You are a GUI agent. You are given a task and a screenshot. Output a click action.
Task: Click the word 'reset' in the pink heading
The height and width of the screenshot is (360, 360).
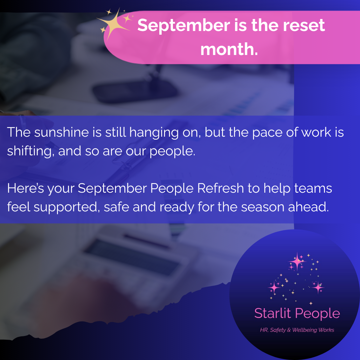pos(304,25)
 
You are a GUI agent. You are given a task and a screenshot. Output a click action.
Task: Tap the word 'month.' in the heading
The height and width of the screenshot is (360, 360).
pos(229,49)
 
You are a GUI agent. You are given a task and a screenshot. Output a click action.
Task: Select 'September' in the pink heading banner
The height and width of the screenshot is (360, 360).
pos(184,25)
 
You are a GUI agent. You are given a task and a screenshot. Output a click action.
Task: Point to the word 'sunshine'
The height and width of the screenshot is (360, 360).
pos(61,132)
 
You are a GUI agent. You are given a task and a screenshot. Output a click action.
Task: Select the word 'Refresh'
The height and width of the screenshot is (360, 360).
pos(220,188)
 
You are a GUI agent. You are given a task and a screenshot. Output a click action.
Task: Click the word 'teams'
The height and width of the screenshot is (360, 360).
pos(313,188)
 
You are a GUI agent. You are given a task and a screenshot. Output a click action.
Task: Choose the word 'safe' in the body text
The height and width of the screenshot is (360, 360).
pos(116,207)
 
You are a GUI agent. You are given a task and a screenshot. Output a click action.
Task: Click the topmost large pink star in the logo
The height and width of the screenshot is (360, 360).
pos(297,261)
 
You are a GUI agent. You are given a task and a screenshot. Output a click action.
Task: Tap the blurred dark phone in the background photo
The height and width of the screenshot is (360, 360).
pos(134,91)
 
